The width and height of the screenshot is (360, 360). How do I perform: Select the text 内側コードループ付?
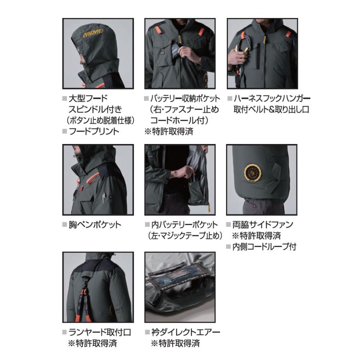(x=264, y=247)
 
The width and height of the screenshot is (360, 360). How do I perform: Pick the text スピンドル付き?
(x=96, y=109)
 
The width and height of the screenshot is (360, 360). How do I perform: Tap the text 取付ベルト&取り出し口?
(x=271, y=109)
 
